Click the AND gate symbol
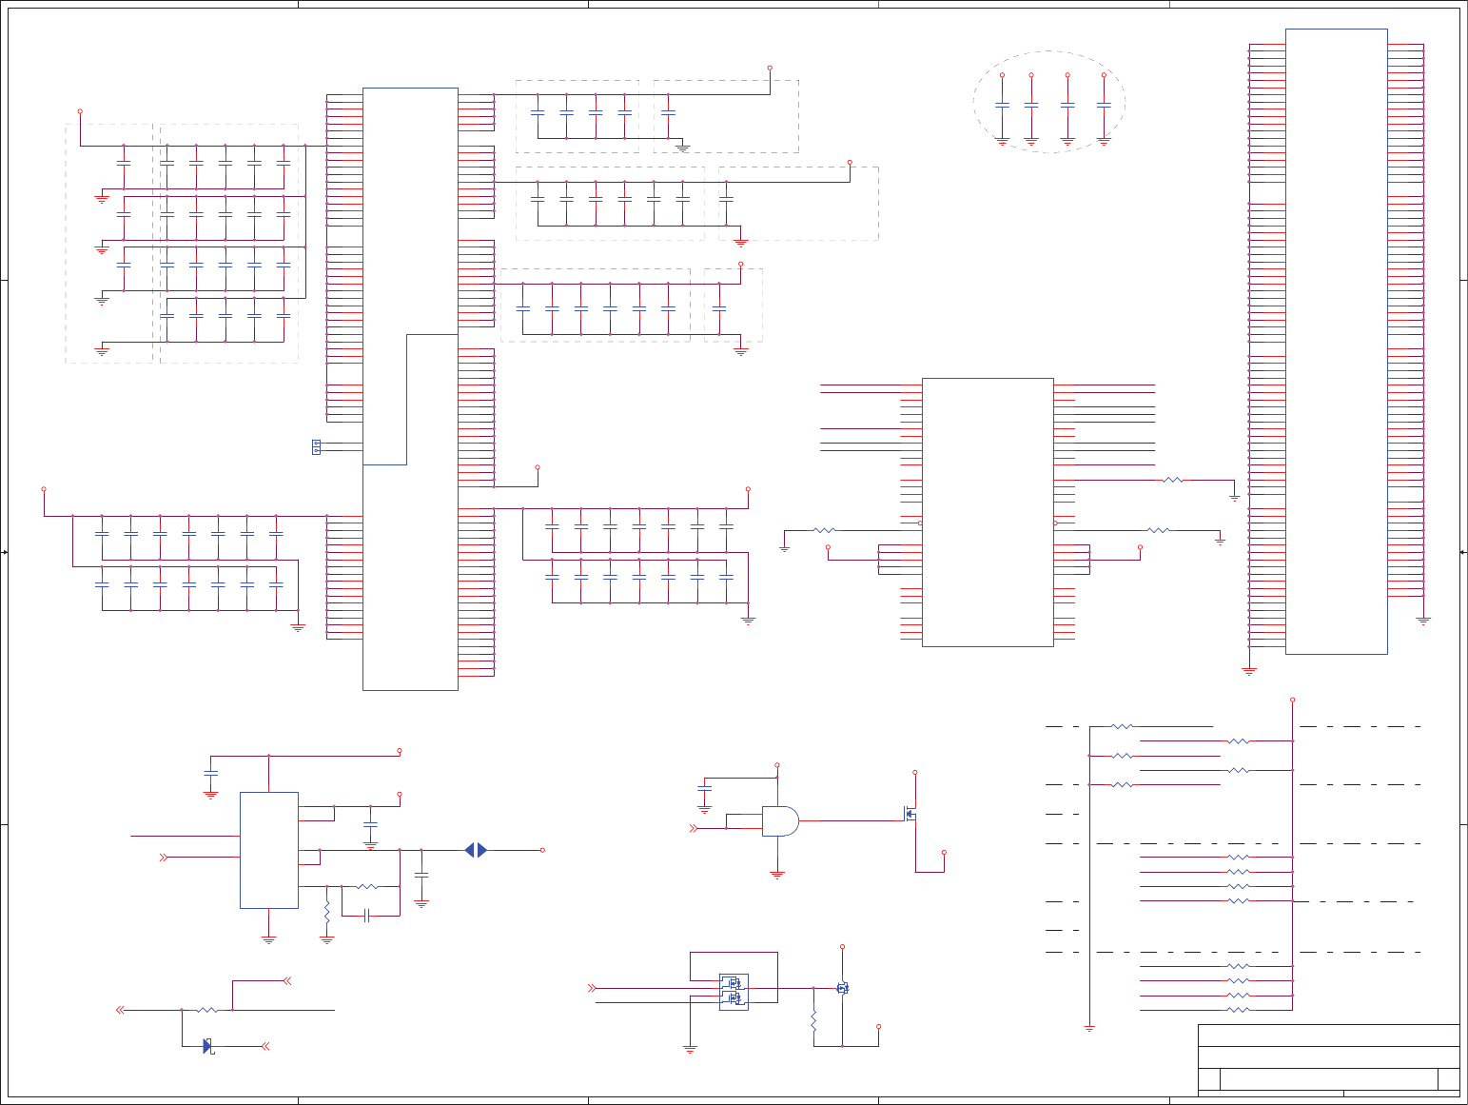[779, 820]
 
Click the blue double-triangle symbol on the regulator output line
[476, 850]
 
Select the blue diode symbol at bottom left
[207, 1046]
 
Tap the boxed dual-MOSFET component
[734, 991]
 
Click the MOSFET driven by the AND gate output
[910, 815]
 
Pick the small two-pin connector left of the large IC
[317, 446]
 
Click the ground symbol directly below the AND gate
[777, 874]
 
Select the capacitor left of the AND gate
[704, 789]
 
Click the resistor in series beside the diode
[206, 1010]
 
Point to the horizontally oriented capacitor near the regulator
[366, 916]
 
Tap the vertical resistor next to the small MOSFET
[813, 1021]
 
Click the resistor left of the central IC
[824, 530]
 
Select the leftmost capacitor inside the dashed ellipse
[1002, 106]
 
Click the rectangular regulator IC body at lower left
[269, 850]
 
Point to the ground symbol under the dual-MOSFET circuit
[690, 1049]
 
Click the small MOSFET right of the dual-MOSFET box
[842, 989]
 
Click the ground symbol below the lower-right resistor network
[1089, 1028]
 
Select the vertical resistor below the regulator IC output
[327, 911]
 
